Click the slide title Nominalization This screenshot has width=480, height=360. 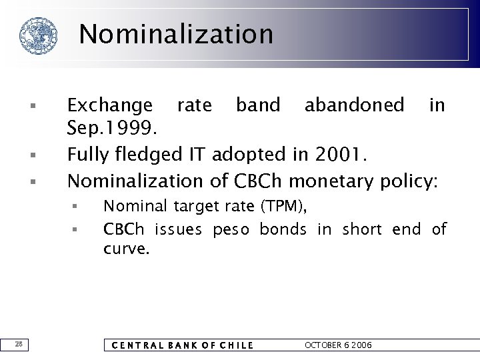[x=176, y=34]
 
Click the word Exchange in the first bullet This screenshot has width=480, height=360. [x=110, y=105]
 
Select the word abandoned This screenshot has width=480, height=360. [x=354, y=105]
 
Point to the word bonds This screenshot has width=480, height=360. [x=283, y=230]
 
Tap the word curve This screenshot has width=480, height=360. [x=127, y=249]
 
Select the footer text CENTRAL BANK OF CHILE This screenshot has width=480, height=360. [x=181, y=345]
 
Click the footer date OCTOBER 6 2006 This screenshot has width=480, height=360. [x=338, y=345]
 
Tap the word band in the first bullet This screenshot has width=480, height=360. [x=259, y=105]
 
